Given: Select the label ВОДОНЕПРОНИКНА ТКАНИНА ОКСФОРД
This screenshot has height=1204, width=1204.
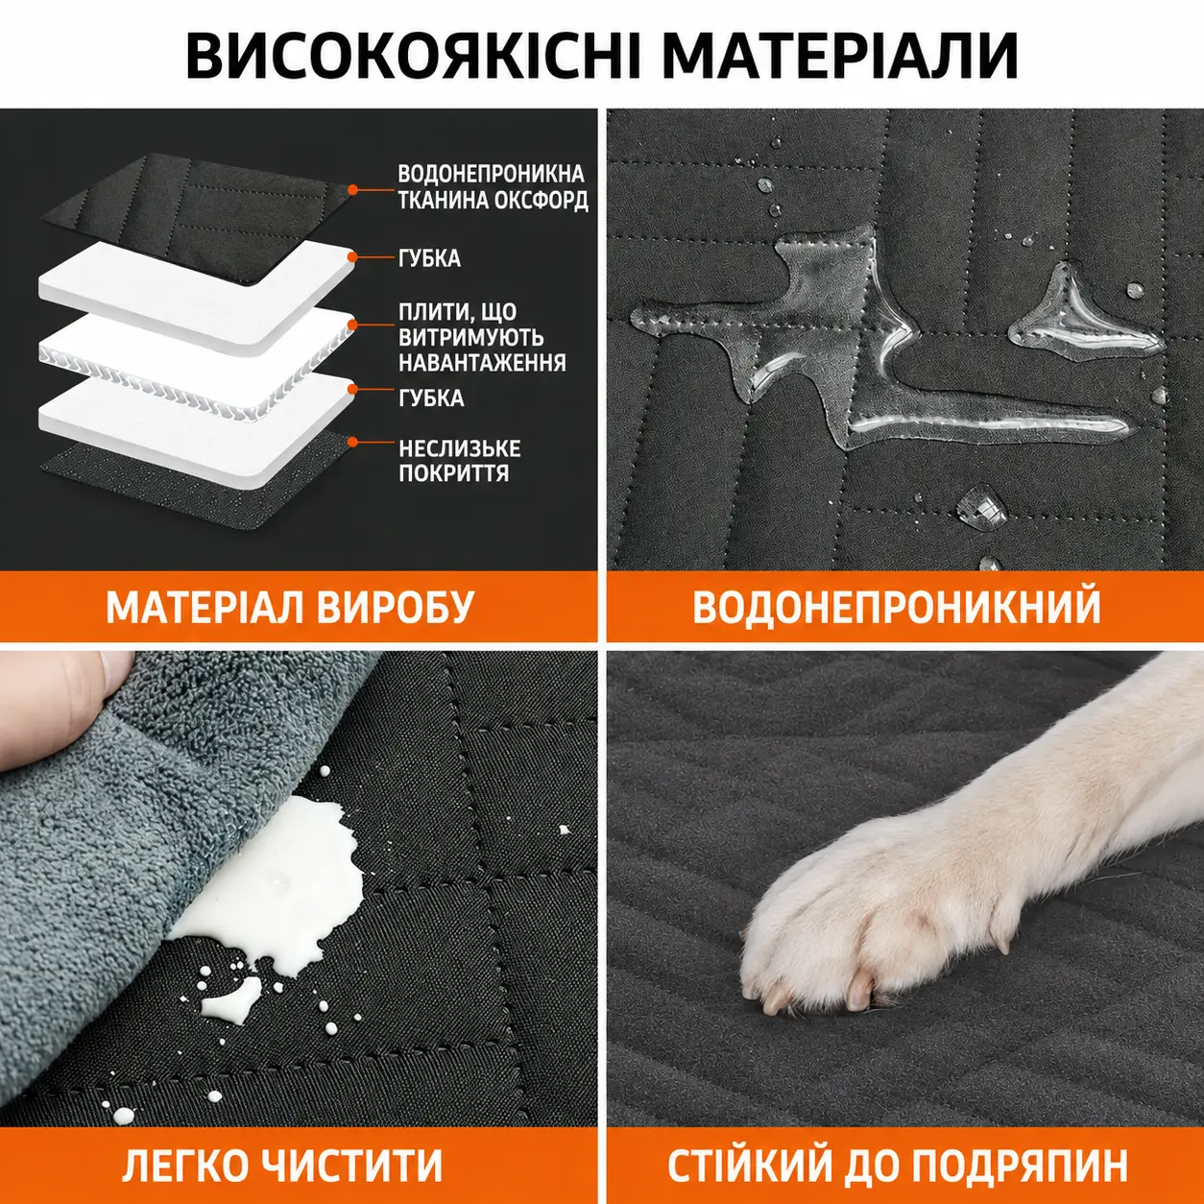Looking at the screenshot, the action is pos(493,187).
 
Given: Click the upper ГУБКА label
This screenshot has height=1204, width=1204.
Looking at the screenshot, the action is pos(429,258).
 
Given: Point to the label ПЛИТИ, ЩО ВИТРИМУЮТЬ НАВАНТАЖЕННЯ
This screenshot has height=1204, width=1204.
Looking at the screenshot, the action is pos(482,337).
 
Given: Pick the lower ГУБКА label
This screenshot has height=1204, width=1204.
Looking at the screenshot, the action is pos(430,397).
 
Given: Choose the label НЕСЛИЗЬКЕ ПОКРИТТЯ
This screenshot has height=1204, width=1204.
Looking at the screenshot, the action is pos(459,461).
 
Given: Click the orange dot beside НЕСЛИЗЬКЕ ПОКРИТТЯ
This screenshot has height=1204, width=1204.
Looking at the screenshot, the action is pos(352,442).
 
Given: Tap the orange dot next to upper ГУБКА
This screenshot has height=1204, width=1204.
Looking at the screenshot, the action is pos(352,256).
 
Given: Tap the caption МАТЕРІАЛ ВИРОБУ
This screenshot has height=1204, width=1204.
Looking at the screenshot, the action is pos(289,607).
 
